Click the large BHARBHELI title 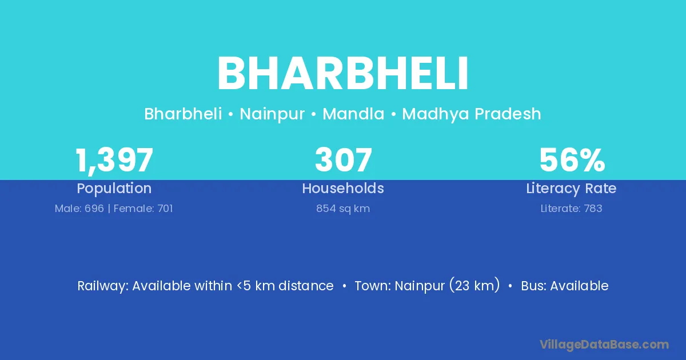click(342, 74)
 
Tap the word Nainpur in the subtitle click(272, 114)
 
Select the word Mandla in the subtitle click(353, 114)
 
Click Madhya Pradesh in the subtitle click(471, 114)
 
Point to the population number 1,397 click(114, 160)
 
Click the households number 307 click(344, 159)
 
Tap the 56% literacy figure click(572, 159)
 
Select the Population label click(114, 189)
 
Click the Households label click(343, 188)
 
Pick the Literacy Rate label click(571, 189)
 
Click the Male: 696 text click(79, 209)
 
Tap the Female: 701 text click(143, 209)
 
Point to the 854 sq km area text click(343, 209)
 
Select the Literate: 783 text click(571, 209)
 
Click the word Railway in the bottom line click(102, 286)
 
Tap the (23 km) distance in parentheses click(474, 286)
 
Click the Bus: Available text click(565, 286)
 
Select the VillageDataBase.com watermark click(604, 345)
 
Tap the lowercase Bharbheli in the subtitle click(183, 114)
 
